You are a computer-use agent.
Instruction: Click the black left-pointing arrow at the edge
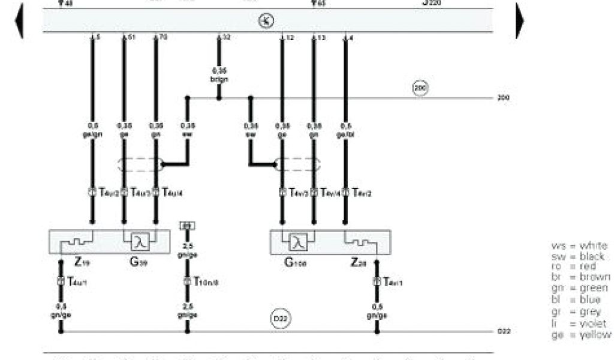[19, 20]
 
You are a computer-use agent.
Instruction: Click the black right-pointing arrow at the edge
[519, 20]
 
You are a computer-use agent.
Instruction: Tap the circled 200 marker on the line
[419, 88]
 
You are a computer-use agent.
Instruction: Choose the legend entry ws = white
[579, 246]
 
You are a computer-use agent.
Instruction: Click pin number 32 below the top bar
[225, 38]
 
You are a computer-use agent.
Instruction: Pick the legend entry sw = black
[578, 257]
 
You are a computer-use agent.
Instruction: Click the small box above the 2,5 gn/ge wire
[187, 226]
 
